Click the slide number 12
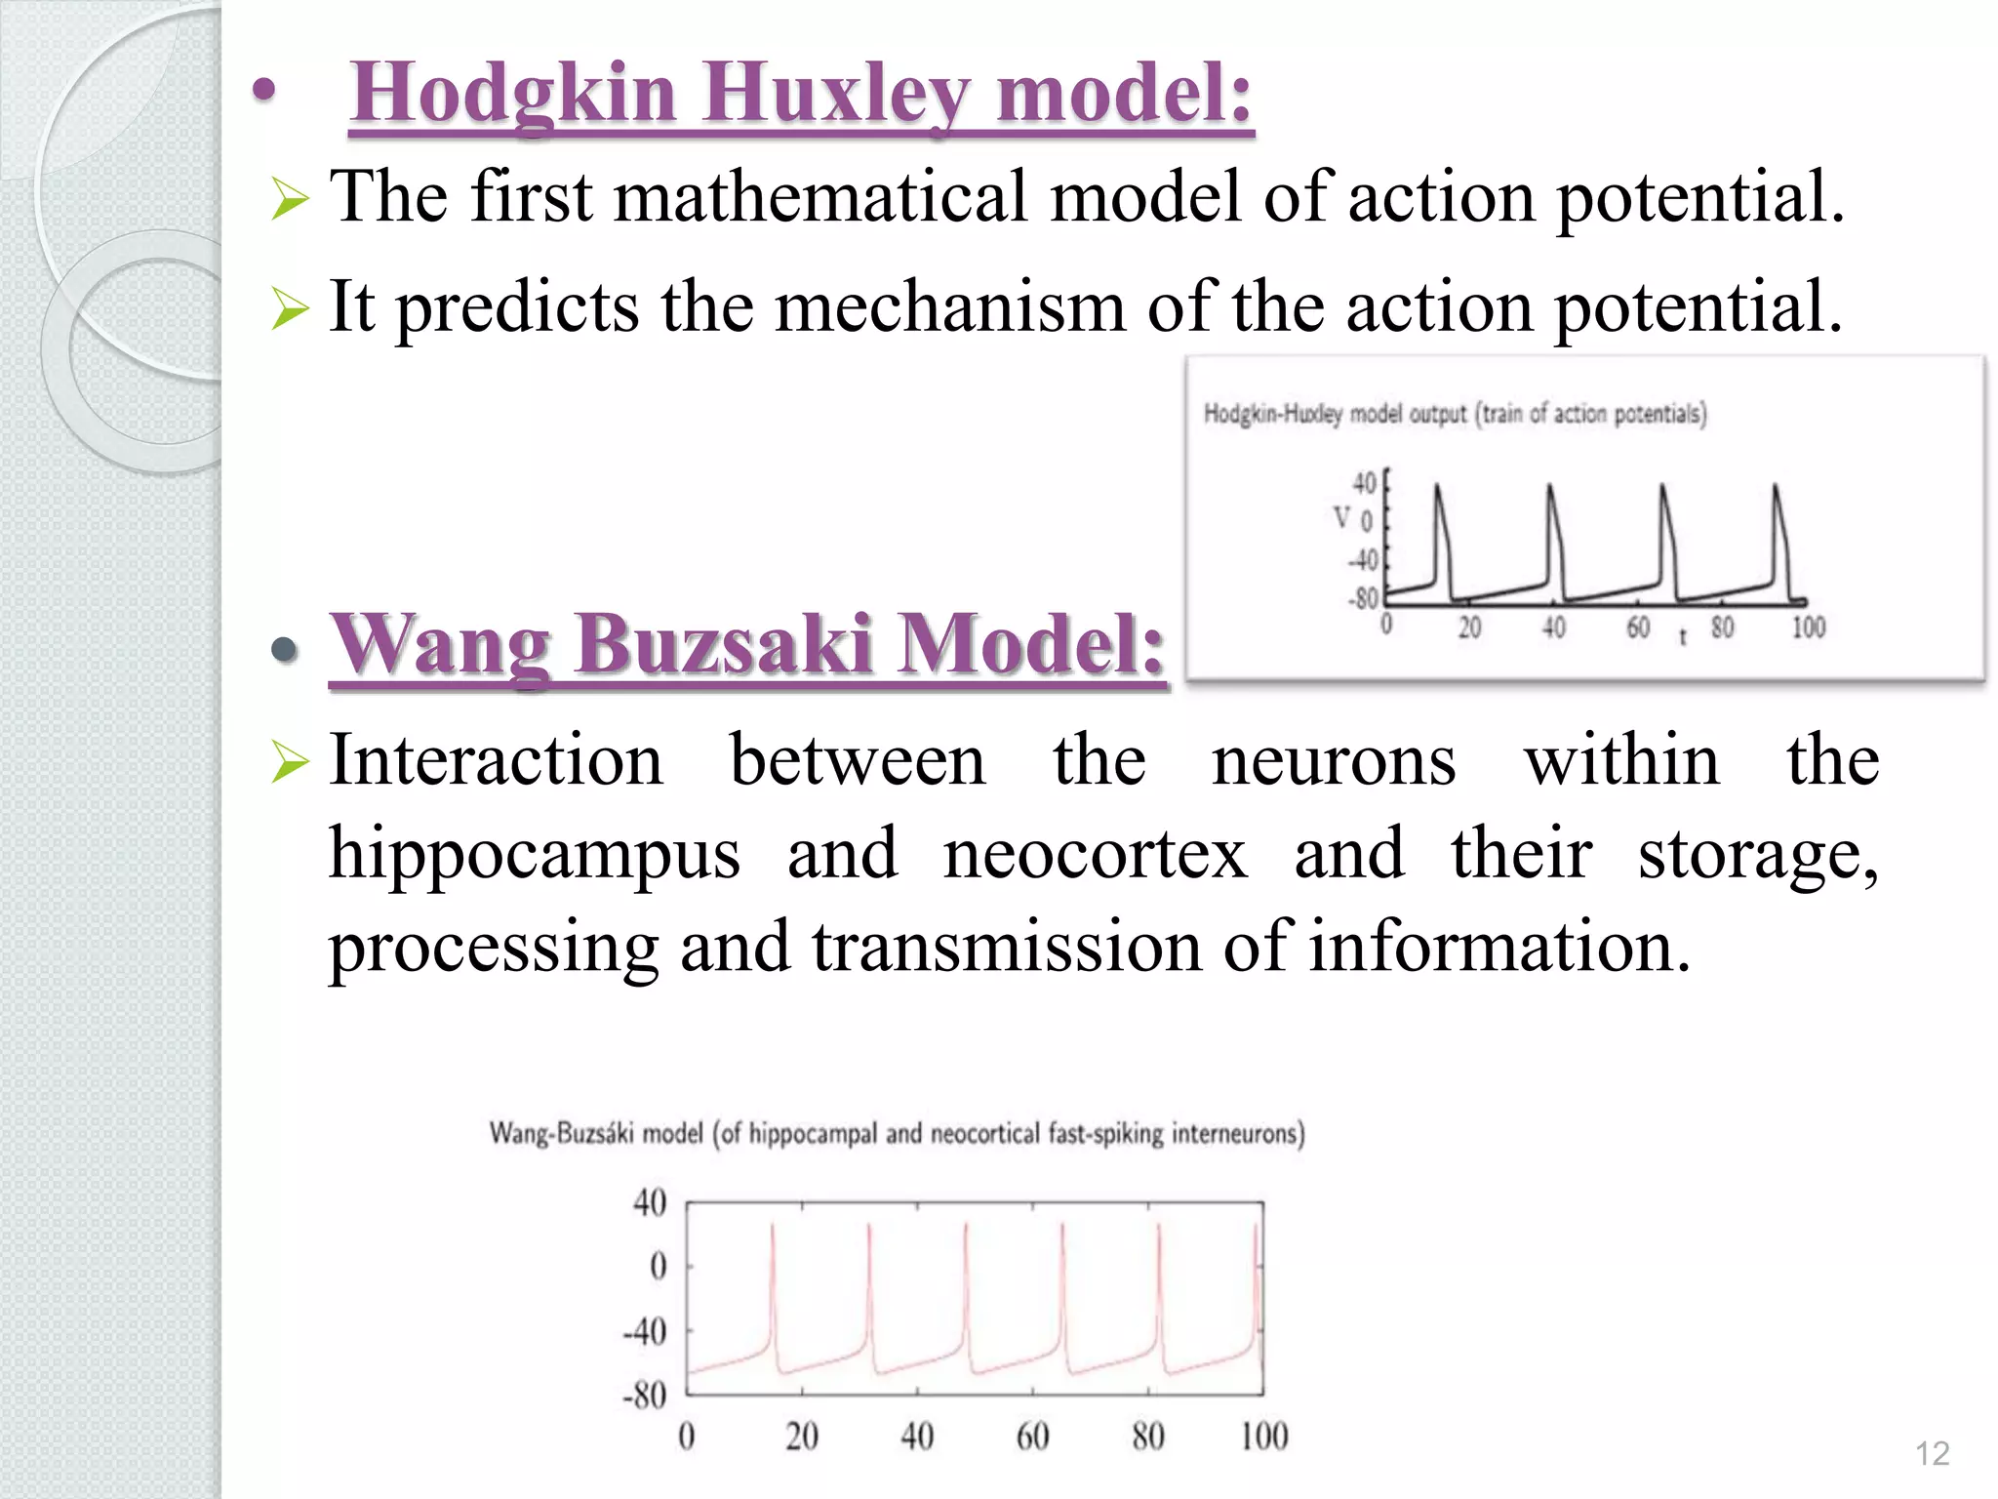coord(1932,1453)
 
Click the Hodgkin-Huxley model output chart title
coord(1455,414)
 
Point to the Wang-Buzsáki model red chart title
coord(897,1133)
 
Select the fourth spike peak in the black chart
coord(1776,486)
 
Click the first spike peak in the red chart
coord(773,1226)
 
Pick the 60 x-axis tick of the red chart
coord(1032,1436)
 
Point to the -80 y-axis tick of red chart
coord(644,1395)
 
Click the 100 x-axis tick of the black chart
coord(1808,627)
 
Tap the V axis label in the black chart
coord(1342,518)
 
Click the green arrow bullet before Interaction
coord(290,762)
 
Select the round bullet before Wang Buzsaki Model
coord(284,650)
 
